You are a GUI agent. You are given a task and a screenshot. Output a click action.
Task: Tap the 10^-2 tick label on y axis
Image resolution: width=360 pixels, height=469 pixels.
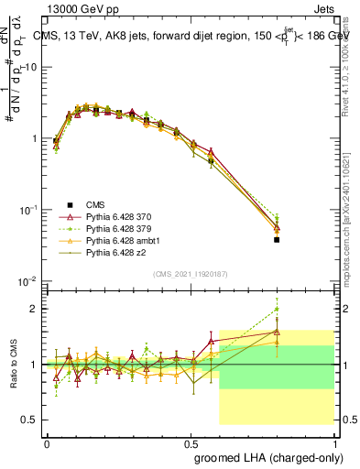(28, 281)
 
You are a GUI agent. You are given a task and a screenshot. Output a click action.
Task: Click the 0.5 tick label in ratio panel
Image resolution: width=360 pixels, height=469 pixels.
(30, 420)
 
